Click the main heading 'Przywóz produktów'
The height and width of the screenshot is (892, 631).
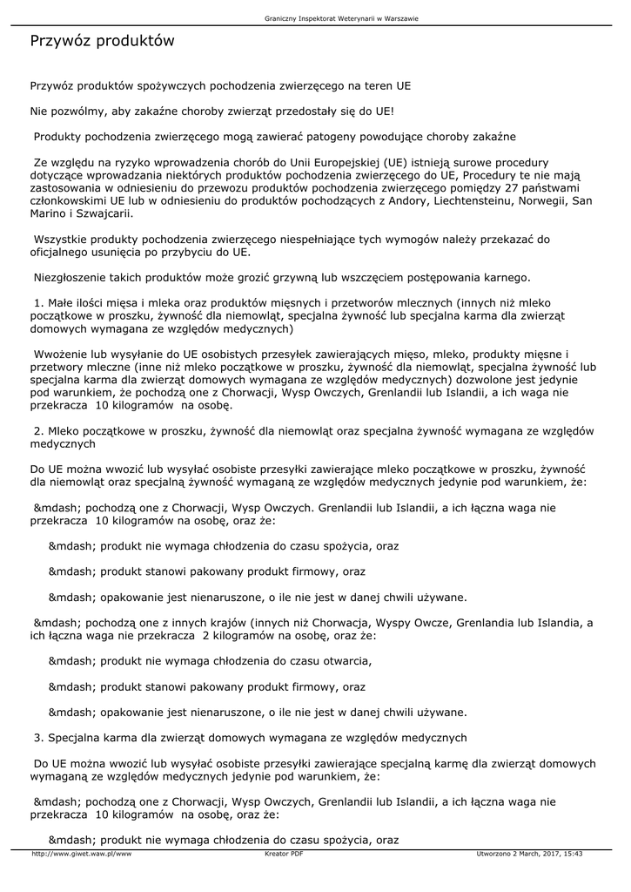click(103, 41)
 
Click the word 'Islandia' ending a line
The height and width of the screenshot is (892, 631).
click(563, 623)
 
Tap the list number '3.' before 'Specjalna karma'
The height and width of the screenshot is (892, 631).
click(39, 737)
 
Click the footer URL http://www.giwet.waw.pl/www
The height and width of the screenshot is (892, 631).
click(81, 854)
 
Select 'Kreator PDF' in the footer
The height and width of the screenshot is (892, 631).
click(284, 854)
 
